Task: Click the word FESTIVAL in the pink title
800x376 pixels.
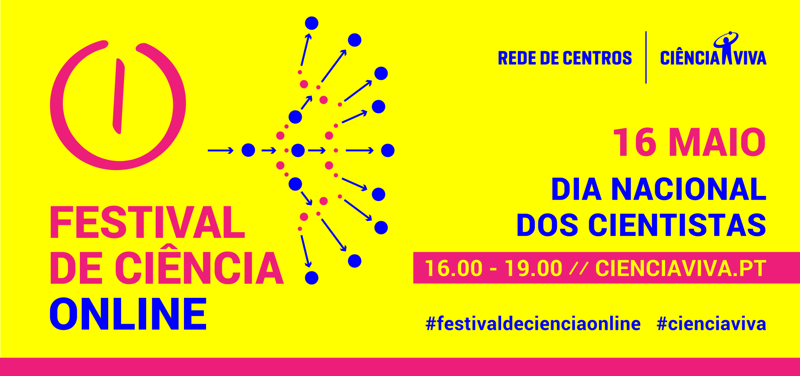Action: pyautogui.click(x=147, y=222)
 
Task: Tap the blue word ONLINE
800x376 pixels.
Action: pyautogui.click(x=128, y=314)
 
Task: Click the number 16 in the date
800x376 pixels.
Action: pyautogui.click(x=635, y=142)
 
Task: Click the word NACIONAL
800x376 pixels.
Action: pyautogui.click(x=688, y=189)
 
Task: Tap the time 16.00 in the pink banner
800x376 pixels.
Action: pyautogui.click(x=454, y=268)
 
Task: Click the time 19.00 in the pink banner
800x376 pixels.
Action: pyautogui.click(x=534, y=268)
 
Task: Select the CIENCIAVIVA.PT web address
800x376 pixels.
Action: pyautogui.click(x=681, y=268)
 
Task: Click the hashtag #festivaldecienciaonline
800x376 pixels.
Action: pyautogui.click(x=533, y=324)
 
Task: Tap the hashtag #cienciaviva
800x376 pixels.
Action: pyautogui.click(x=711, y=324)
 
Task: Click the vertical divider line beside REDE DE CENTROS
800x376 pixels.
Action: pyautogui.click(x=646, y=57)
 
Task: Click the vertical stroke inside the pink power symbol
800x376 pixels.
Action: pyautogui.click(x=119, y=96)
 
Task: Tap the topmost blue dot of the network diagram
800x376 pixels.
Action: pyautogui.click(x=311, y=23)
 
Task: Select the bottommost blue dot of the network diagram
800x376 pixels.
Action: pyautogui.click(x=311, y=278)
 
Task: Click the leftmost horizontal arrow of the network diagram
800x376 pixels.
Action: pyautogui.click(x=221, y=150)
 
